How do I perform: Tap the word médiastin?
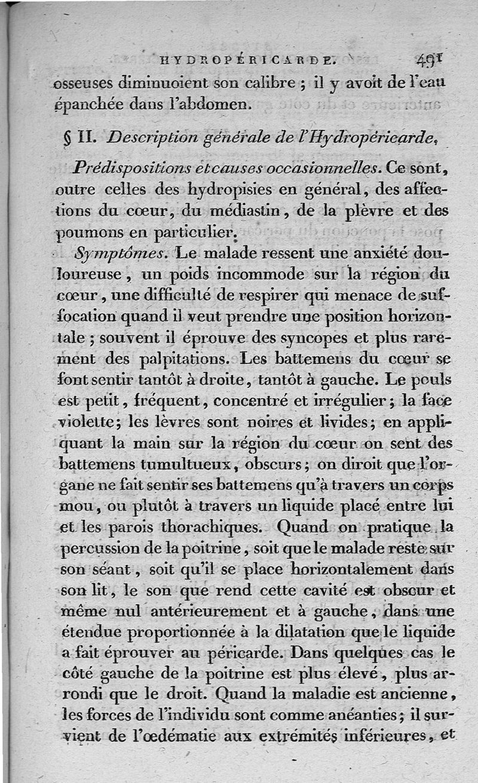coord(228,212)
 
